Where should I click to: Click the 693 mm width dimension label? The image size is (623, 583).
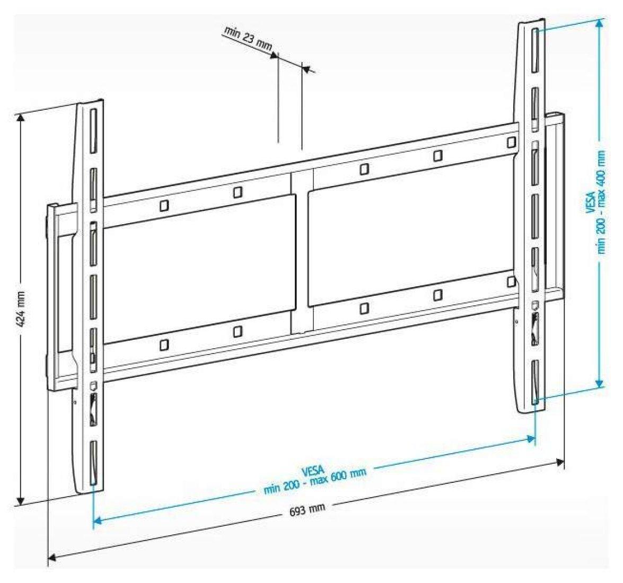tap(307, 509)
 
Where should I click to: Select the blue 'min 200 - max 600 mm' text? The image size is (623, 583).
tap(315, 481)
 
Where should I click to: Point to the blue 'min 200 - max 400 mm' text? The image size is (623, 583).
tap(601, 202)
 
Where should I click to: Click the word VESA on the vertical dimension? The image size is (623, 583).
tap(591, 202)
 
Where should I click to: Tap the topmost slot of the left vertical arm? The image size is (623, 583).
tap(93, 131)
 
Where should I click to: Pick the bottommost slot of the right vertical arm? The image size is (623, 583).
tap(535, 383)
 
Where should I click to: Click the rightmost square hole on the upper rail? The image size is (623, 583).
tap(512, 142)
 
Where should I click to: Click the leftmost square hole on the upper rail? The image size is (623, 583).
tap(164, 205)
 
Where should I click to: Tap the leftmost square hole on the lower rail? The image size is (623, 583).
tap(164, 344)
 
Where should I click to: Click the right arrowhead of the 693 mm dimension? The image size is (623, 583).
tap(560, 462)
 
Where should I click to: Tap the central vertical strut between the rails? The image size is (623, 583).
tap(302, 250)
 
